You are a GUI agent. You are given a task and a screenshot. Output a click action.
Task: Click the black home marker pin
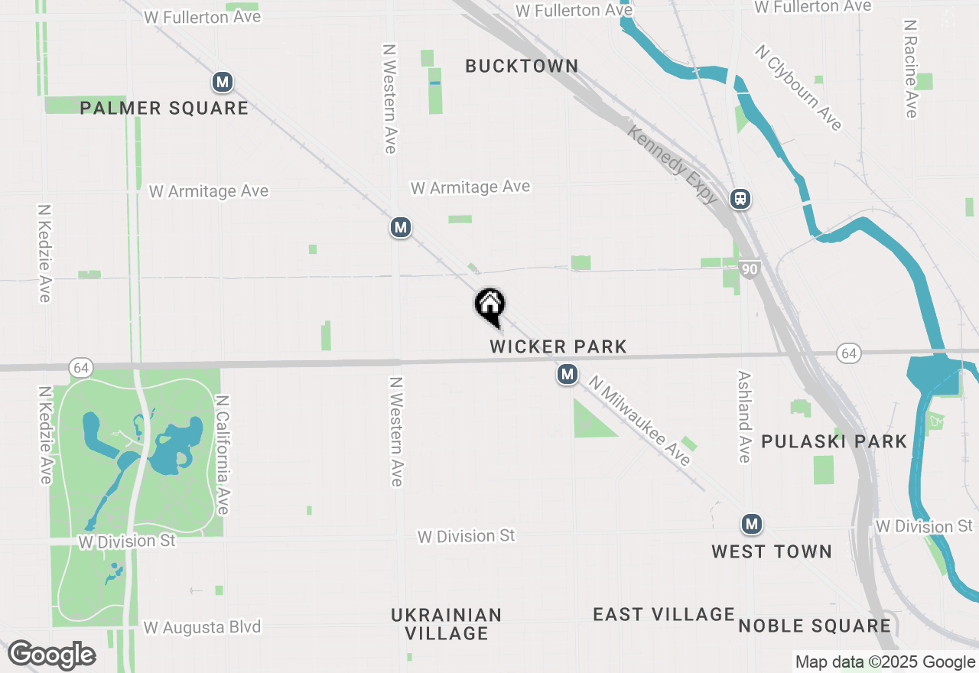[x=490, y=305]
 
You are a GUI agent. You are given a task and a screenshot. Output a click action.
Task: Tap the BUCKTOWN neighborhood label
[x=522, y=67]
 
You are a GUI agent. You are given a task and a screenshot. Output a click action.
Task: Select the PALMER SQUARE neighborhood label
[x=164, y=108]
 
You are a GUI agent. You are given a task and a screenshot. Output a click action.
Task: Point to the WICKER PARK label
[x=558, y=346]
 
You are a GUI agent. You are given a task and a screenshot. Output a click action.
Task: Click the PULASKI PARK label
[x=834, y=441]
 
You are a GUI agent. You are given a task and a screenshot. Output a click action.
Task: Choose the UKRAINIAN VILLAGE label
[x=447, y=624]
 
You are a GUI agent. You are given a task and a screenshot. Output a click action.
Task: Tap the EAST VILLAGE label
[x=664, y=614]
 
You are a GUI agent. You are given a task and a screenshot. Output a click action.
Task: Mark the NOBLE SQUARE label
[x=815, y=626]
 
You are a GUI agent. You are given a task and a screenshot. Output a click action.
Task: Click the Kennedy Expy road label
[x=672, y=164]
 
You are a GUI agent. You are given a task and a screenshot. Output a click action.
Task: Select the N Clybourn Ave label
[x=798, y=87]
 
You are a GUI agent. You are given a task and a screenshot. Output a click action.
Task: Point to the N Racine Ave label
[x=909, y=69]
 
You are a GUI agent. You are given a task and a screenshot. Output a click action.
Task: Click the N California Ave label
[x=223, y=454]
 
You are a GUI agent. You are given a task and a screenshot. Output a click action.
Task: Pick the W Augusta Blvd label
[x=202, y=627]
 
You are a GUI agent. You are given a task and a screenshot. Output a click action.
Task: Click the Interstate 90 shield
[x=750, y=268]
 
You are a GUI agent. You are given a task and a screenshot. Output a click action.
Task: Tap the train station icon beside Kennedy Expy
[x=740, y=199]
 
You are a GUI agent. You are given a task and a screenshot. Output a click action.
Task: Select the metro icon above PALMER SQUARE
[x=223, y=82]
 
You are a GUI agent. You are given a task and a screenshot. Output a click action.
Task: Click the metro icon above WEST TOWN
[x=752, y=524]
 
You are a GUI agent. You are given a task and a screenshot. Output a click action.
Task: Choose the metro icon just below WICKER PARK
[x=567, y=375]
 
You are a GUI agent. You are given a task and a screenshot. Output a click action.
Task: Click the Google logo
[x=52, y=655]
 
